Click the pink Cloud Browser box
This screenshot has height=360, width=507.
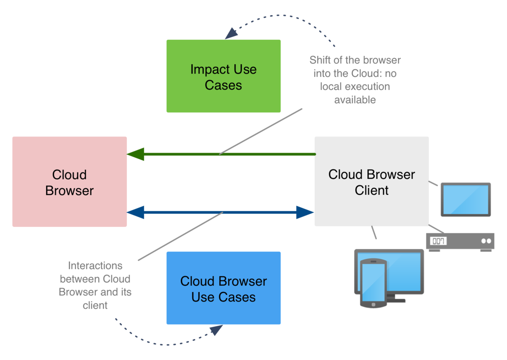(69, 182)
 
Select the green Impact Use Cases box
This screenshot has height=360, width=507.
(223, 76)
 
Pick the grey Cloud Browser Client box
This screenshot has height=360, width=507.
(371, 181)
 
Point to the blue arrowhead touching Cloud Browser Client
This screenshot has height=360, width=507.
(305, 213)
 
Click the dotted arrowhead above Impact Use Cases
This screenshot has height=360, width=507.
(231, 33)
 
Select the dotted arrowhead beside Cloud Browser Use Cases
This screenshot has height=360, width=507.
(216, 330)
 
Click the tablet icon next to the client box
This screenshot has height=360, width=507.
(466, 199)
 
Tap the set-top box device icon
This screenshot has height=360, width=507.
(461, 242)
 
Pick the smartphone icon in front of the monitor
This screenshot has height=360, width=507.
(373, 284)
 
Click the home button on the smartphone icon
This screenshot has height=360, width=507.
(373, 304)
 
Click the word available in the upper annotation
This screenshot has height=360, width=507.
(355, 101)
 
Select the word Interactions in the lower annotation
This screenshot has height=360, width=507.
(95, 266)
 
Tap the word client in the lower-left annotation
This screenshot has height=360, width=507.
(95, 305)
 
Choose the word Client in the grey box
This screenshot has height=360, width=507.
(371, 190)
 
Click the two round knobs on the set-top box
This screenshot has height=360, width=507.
(486, 241)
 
